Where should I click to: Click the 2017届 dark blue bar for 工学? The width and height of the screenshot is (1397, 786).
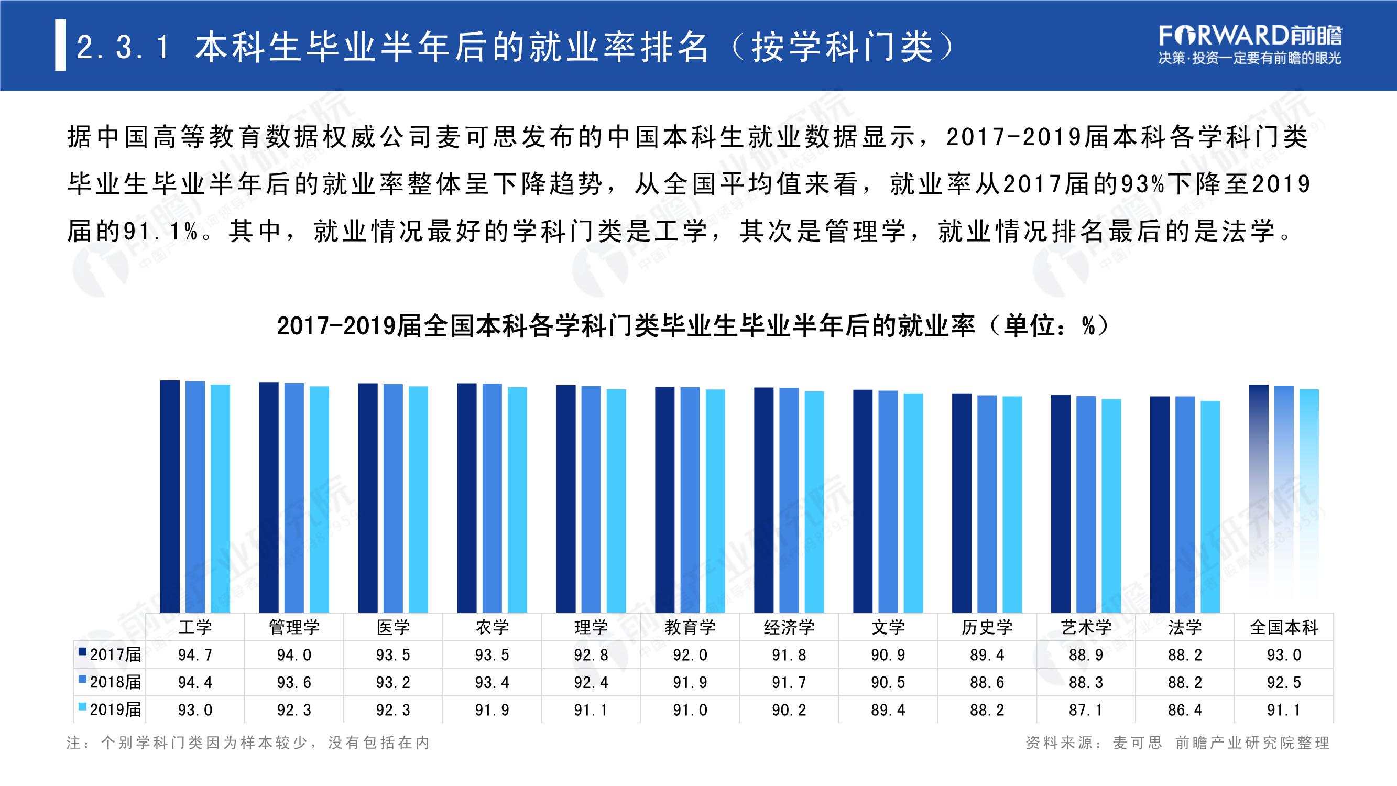pyautogui.click(x=170, y=496)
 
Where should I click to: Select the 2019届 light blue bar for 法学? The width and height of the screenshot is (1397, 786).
pyautogui.click(x=1210, y=507)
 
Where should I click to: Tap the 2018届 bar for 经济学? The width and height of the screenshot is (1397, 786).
pyautogui.click(x=789, y=500)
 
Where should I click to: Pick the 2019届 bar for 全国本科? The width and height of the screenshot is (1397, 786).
pyautogui.click(x=1309, y=500)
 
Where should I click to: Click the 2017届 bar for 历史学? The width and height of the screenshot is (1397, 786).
pyautogui.click(x=962, y=503)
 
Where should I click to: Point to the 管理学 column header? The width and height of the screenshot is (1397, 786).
pyautogui.click(x=294, y=627)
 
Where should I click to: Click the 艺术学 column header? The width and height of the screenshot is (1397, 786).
pyautogui.click(x=1086, y=627)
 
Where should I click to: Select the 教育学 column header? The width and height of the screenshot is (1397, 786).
pyautogui.click(x=690, y=627)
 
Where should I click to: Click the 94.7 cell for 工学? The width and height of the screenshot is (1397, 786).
pyautogui.click(x=195, y=654)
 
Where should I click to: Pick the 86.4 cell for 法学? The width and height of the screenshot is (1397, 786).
pyautogui.click(x=1185, y=709)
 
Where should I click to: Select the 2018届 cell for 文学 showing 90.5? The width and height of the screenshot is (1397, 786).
pyautogui.click(x=888, y=682)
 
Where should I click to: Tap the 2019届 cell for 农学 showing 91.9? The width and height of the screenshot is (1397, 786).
pyautogui.click(x=492, y=709)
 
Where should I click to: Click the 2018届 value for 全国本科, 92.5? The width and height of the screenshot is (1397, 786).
pyautogui.click(x=1284, y=682)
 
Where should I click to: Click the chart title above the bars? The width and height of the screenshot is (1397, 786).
pyautogui.click(x=693, y=326)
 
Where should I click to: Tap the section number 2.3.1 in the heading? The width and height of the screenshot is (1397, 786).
pyautogui.click(x=124, y=47)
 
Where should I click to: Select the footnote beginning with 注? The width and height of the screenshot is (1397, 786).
pyautogui.click(x=248, y=743)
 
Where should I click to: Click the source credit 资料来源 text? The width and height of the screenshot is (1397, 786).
pyautogui.click(x=1177, y=743)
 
